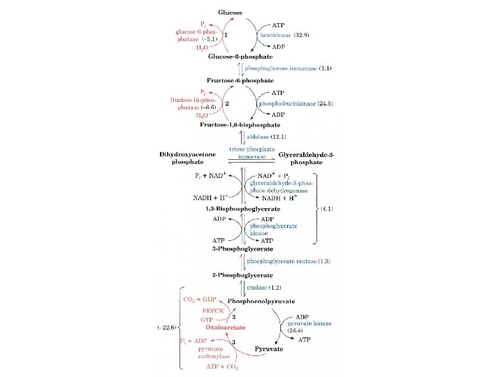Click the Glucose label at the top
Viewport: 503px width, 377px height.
[x=232, y=13]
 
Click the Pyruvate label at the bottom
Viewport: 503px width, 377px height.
[x=268, y=348]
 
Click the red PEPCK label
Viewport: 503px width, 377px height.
[x=212, y=309]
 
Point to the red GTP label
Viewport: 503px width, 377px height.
[x=207, y=318]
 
